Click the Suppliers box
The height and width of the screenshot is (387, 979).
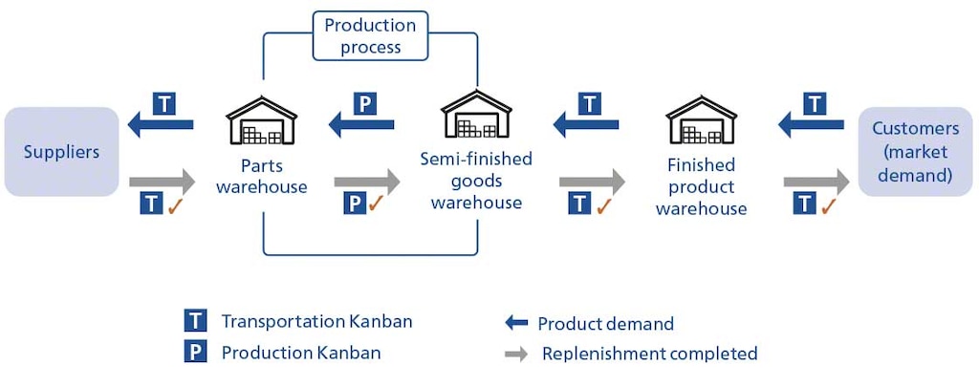pos(61,152)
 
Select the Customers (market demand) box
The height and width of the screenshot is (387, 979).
pos(915,152)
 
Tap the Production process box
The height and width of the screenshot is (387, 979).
pos(370,35)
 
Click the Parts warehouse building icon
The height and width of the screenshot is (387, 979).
pos(261,119)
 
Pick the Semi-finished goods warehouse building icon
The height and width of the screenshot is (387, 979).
pos(476,116)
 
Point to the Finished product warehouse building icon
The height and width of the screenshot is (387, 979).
pos(701,119)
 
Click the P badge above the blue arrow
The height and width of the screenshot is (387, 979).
pos(365,103)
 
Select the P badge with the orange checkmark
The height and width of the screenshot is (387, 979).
pos(355,204)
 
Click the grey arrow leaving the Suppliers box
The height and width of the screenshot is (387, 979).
pos(161,181)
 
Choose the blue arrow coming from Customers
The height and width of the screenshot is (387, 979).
pos(811,123)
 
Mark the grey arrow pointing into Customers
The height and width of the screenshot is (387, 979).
pos(816,181)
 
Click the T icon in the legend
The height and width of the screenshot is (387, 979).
pos(195,321)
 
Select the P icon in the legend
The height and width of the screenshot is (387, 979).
pos(195,353)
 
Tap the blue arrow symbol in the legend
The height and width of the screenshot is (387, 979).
pos(516,324)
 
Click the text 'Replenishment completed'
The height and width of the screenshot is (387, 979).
pos(649,354)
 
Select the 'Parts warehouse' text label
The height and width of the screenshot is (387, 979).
pos(261,176)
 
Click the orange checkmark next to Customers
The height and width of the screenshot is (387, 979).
pos(828,204)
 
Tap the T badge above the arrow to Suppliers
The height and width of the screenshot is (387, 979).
pos(164,103)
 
